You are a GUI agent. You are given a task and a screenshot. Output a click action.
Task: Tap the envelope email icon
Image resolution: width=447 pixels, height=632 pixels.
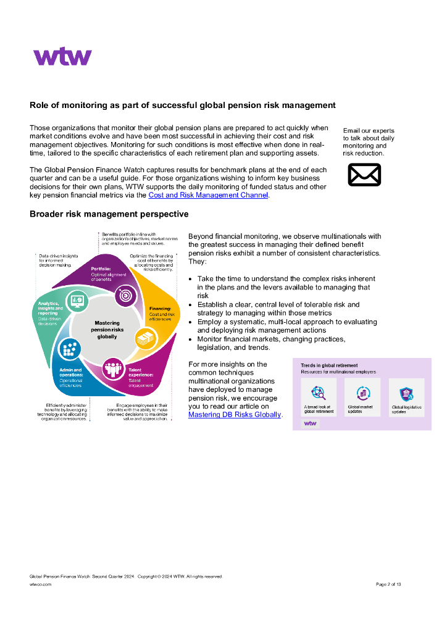(364, 174)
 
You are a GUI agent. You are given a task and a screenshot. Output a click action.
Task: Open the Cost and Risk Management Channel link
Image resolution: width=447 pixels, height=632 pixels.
(208, 195)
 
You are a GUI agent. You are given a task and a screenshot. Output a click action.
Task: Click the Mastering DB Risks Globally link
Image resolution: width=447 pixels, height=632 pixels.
(235, 415)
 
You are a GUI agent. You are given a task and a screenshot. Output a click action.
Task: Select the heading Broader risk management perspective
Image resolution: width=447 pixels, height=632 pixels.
(109, 214)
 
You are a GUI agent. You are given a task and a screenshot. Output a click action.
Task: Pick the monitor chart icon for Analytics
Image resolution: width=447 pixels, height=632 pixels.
(78, 301)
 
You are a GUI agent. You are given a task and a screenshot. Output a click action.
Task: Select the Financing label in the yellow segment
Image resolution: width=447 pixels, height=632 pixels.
(160, 308)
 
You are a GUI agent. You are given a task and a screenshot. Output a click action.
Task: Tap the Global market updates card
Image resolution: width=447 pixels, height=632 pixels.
(362, 397)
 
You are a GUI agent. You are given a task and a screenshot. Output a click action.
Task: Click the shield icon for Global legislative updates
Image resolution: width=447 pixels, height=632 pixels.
(406, 393)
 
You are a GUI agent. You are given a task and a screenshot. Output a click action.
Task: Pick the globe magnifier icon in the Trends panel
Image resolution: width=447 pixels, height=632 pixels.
(319, 393)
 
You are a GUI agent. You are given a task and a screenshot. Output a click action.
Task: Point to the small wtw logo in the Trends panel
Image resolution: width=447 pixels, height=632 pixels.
(310, 423)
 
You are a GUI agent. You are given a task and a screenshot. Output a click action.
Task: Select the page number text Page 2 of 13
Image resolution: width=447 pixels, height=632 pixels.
(388, 584)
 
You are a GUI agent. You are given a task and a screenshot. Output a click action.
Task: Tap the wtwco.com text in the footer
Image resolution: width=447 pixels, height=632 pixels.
(40, 584)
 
